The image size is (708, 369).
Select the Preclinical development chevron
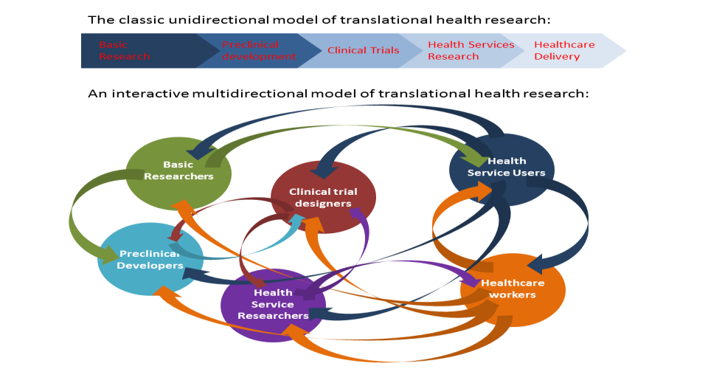pos(258,50)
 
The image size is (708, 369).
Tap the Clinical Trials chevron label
pos(363,50)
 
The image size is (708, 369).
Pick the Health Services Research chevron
pos(471,50)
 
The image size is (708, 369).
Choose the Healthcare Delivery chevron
pos(564,50)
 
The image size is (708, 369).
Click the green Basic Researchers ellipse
pos(178,171)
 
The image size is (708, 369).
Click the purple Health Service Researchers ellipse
pos(273,304)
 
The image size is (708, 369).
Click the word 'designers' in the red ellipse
pos(323,204)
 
